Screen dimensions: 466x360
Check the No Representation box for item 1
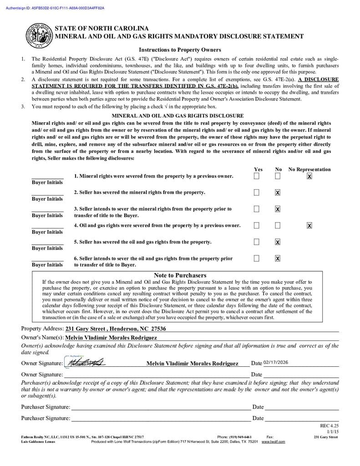click(x=309, y=176)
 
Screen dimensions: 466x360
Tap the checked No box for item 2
click(x=278, y=192)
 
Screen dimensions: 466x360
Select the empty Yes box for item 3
click(x=257, y=209)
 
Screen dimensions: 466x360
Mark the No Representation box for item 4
click(x=309, y=225)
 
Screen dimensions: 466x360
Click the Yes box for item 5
click(x=257, y=242)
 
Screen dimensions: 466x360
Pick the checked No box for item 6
click(x=278, y=258)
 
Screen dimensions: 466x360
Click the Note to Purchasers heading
click(x=180, y=275)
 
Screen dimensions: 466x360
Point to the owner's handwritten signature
click(x=86, y=363)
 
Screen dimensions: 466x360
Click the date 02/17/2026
click(x=276, y=362)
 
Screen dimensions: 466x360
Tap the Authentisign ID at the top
click(x=55, y=8)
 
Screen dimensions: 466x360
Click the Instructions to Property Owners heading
click(x=180, y=50)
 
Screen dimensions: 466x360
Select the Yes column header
click(x=258, y=169)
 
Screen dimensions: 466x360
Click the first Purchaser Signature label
click(x=46, y=407)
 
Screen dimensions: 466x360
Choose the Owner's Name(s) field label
click(x=42, y=338)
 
